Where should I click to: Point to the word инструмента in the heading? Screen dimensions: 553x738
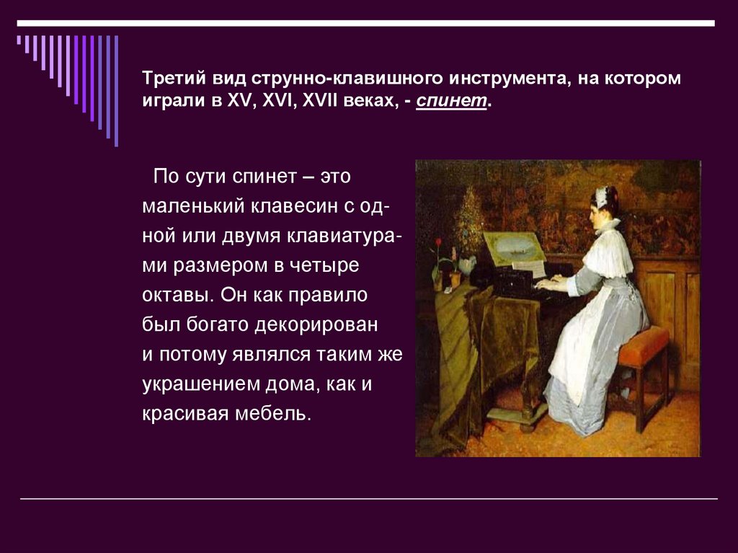coord(507,77)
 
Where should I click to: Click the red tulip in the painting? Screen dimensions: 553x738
coord(437,243)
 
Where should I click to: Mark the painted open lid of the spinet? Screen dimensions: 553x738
coord(514,249)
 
